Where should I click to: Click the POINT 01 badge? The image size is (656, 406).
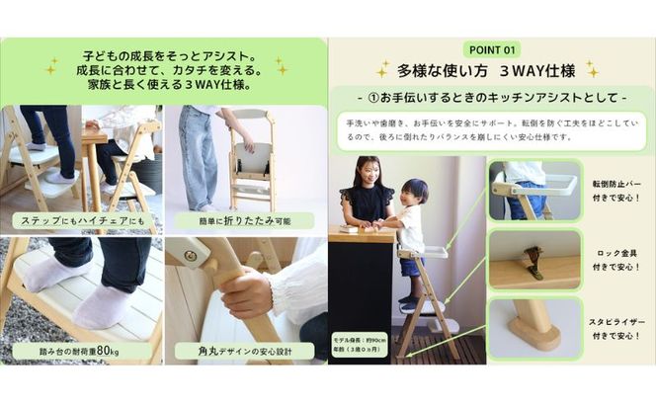click(x=491, y=49)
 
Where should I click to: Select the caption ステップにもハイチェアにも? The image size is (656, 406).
click(x=82, y=219)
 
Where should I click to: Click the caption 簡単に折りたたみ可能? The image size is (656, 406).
click(x=244, y=219)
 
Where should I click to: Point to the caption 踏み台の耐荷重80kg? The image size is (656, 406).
click(x=82, y=350)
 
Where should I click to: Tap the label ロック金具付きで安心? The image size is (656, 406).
click(x=617, y=259)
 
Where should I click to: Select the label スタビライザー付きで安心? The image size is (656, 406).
click(x=617, y=326)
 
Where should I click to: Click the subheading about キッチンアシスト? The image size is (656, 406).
click(x=491, y=100)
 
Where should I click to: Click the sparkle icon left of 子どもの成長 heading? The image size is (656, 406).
click(x=49, y=67)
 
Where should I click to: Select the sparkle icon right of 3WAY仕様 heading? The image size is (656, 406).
click(x=591, y=69)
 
